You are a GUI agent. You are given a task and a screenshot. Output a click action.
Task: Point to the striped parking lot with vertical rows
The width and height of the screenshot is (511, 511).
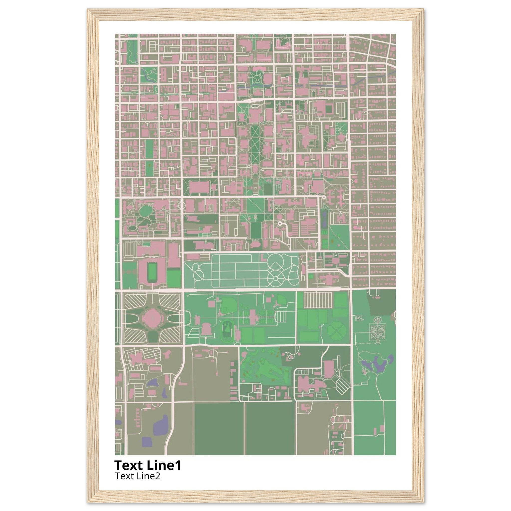(x=317, y=300)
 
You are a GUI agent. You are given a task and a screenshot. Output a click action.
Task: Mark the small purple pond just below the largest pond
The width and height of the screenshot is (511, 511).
(x=147, y=441)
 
